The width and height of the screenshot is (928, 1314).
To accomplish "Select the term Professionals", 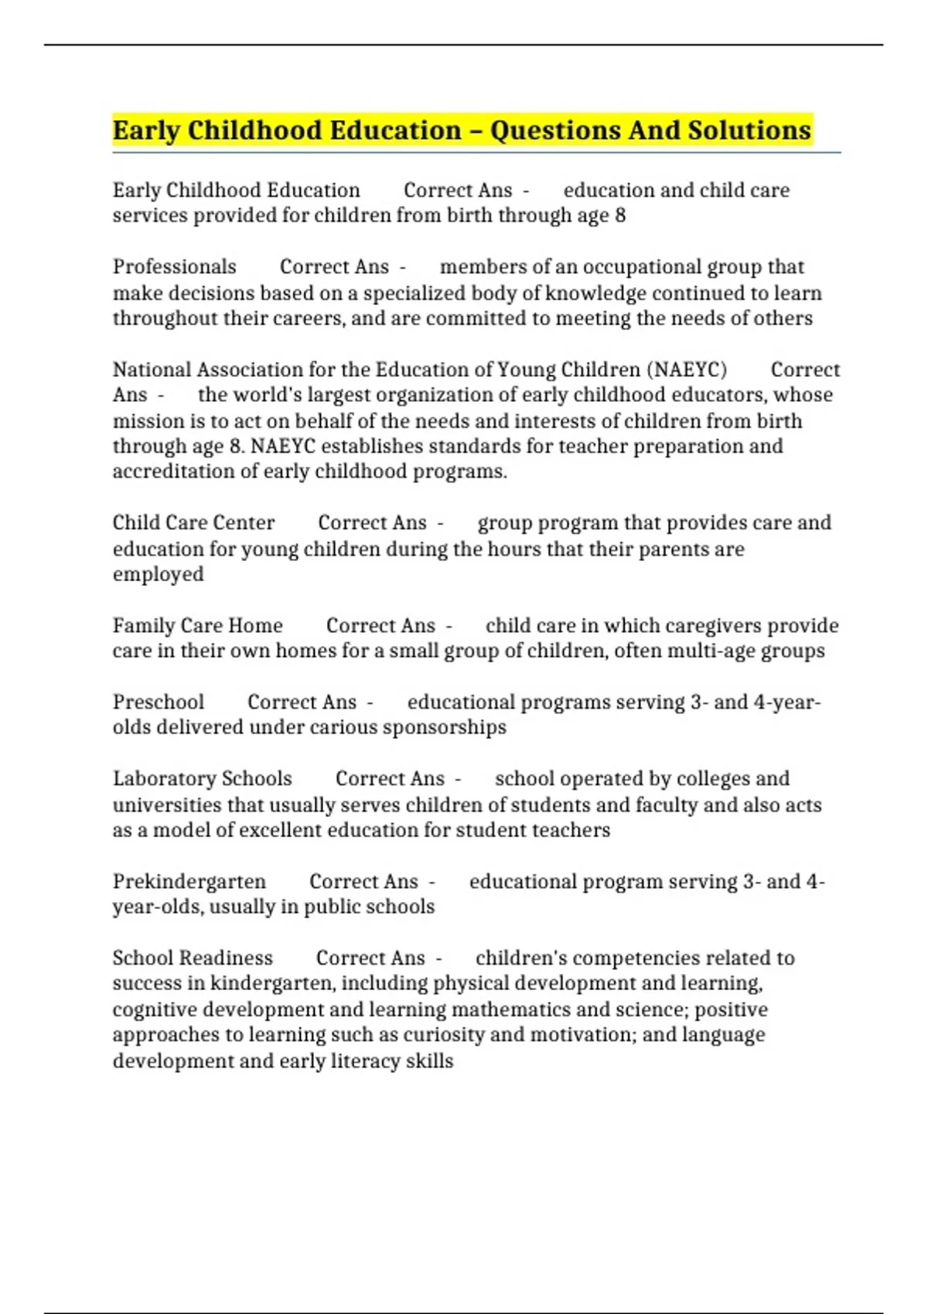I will pyautogui.click(x=175, y=267).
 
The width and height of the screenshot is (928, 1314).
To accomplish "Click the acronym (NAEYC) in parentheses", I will pyautogui.click(x=687, y=369).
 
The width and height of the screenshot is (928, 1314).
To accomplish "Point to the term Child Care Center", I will pyautogui.click(x=193, y=523).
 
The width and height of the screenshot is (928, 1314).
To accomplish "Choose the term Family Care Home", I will pyautogui.click(x=197, y=625).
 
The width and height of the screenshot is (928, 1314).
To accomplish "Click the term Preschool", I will pyautogui.click(x=159, y=702).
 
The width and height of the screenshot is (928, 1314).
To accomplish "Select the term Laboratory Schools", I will pyautogui.click(x=202, y=778).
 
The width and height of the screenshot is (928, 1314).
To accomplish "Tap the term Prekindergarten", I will pyautogui.click(x=189, y=881).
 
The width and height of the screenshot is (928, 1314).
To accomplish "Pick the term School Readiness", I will pyautogui.click(x=193, y=958).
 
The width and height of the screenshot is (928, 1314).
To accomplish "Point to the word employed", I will pyautogui.click(x=159, y=574).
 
